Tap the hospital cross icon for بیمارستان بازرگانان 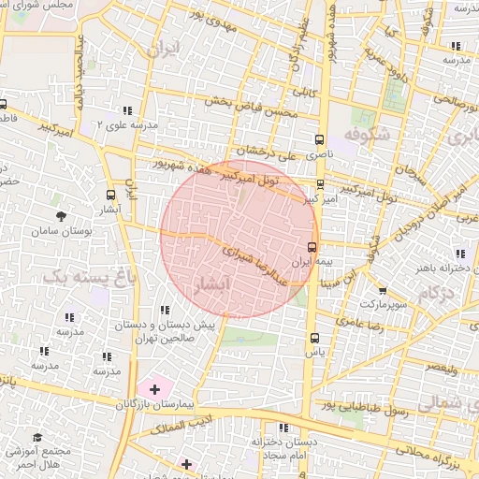[153, 388]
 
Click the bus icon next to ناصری [321, 136]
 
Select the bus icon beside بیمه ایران [312, 247]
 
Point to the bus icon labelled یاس [313, 339]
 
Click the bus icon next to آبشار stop [111, 196]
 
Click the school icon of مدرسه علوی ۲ [127, 110]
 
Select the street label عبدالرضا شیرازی [247, 259]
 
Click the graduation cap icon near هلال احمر [37, 437]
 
